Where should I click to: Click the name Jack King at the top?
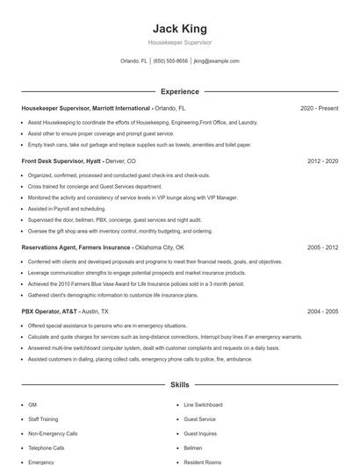tap(179, 28)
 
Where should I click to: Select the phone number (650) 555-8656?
tap(170, 61)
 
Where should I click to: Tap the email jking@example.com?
tap(216, 61)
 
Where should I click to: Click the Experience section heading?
tap(179, 91)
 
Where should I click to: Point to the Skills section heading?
tap(179, 385)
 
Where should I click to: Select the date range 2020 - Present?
tap(319, 108)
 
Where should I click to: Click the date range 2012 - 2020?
tap(322, 161)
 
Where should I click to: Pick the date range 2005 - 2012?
tap(322, 247)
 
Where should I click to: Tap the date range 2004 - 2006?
tap(322, 311)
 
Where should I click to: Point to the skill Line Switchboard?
tap(203, 404)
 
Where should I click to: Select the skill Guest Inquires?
tap(200, 433)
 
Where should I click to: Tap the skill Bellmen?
tap(192, 447)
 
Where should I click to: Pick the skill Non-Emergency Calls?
tap(53, 433)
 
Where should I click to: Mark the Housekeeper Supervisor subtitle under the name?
tap(179, 42)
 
